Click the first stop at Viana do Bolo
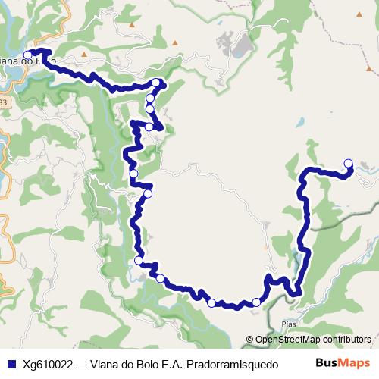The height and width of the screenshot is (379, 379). (28, 54)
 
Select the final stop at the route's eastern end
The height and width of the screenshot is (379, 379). (348, 162)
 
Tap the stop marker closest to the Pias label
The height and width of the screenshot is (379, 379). (256, 302)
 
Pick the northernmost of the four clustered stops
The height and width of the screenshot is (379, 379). (156, 83)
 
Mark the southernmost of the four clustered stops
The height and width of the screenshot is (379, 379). (150, 127)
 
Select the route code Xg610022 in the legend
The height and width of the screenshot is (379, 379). (46, 363)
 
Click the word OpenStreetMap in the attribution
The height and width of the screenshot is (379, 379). (289, 340)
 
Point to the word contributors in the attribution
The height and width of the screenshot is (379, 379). (346, 340)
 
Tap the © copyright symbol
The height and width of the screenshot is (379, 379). (249, 340)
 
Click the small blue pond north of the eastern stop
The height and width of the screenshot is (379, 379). (301, 121)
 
